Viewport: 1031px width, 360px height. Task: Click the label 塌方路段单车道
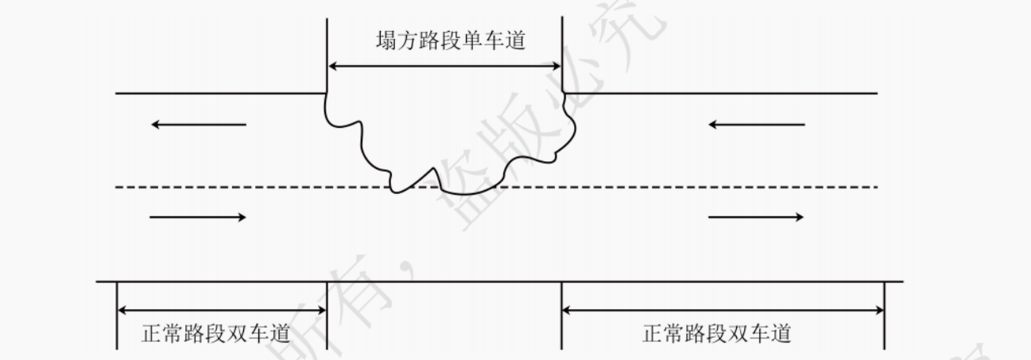pyautogui.click(x=450, y=41)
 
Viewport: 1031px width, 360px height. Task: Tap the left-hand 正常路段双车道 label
pyautogui.click(x=215, y=334)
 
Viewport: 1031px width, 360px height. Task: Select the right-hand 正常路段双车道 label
pyautogui.click(x=716, y=334)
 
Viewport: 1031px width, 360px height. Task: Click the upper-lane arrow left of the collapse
pyautogui.click(x=199, y=125)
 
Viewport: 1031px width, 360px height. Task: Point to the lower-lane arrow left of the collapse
pyautogui.click(x=199, y=217)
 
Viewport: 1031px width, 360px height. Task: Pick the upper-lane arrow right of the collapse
pyautogui.click(x=756, y=125)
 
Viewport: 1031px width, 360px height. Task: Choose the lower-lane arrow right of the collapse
pyautogui.click(x=756, y=217)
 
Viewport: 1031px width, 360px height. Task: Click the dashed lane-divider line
pyautogui.click(x=238, y=188)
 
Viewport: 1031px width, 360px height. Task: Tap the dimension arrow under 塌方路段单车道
pyautogui.click(x=445, y=67)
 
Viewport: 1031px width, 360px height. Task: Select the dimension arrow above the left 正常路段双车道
pyautogui.click(x=222, y=310)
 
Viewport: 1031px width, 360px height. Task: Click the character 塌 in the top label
pyautogui.click(x=386, y=41)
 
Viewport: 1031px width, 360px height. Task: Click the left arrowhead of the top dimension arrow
pyautogui.click(x=332, y=67)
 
